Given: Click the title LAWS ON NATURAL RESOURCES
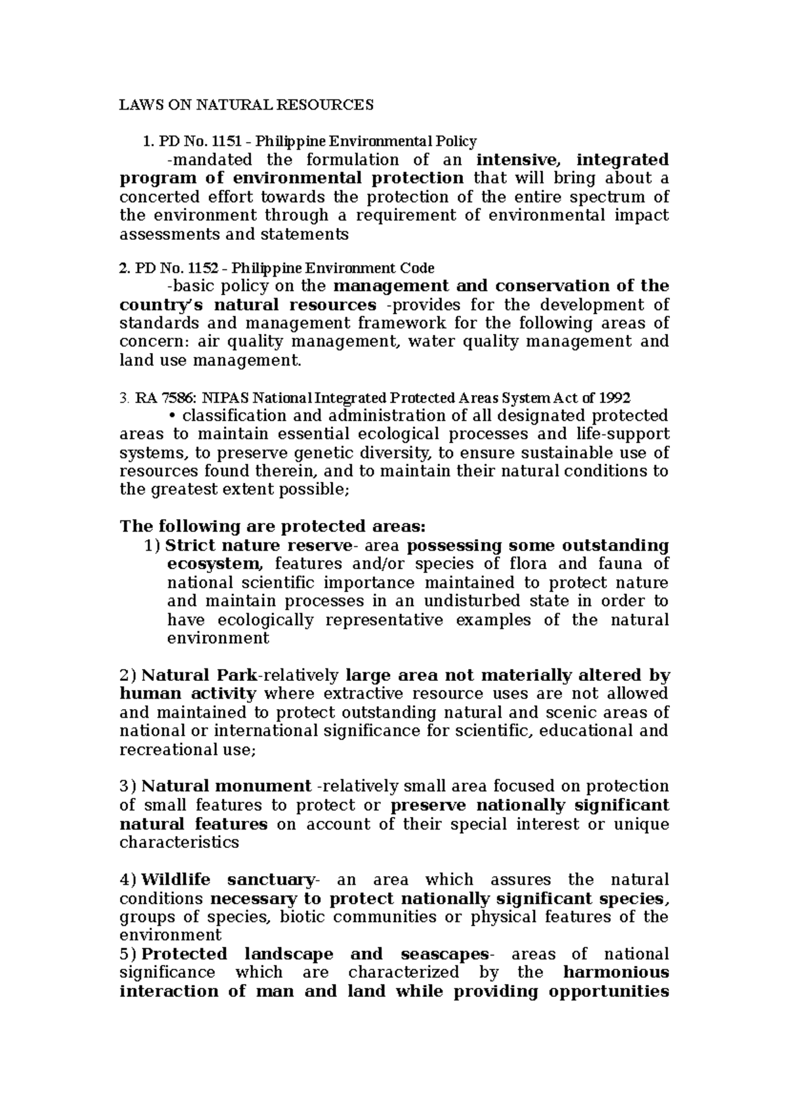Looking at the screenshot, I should [246, 105].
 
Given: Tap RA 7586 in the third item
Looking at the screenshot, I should [164, 398].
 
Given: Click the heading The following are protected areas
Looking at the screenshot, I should [273, 526].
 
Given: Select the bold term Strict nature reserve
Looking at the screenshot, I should [259, 546].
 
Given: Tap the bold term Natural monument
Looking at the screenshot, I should [226, 786].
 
